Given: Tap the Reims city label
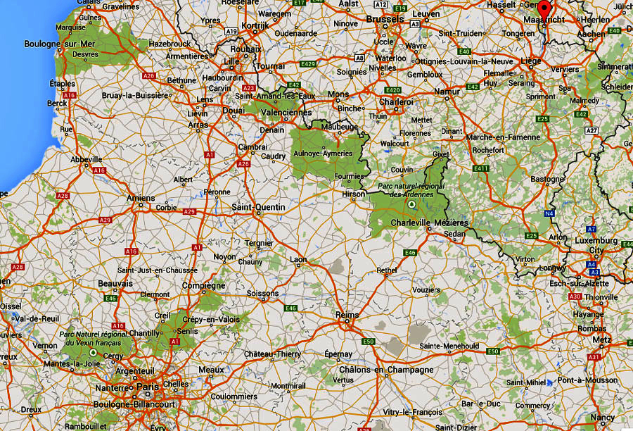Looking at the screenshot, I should (347, 315).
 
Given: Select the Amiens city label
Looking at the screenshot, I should (141, 199).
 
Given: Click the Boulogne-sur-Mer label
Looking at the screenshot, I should (59, 44).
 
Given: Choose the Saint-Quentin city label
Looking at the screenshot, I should (259, 207).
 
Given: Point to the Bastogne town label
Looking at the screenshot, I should (548, 179).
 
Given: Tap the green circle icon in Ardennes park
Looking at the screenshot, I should (411, 204).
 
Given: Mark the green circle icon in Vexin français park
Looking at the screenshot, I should (93, 352).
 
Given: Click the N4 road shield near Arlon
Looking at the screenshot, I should (549, 213).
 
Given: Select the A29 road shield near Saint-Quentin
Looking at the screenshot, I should (188, 211).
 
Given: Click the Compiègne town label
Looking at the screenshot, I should (203, 286).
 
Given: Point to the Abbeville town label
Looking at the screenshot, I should (87, 159).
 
